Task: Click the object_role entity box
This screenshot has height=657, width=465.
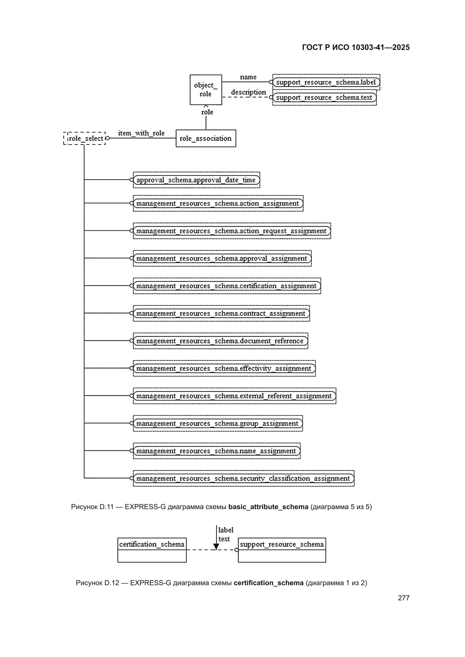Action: point(206,90)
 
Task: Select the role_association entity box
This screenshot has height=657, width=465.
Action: point(206,138)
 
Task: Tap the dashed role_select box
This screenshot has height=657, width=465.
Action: point(84,138)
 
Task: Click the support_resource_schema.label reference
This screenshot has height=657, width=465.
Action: point(326,82)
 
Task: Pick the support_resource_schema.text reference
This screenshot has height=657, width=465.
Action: point(324,97)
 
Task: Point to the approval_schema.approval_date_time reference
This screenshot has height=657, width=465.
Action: point(197,180)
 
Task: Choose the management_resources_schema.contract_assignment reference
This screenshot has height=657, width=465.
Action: point(221,313)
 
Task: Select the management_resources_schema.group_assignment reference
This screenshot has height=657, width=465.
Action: point(218,423)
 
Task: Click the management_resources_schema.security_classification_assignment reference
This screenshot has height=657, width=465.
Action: point(244,478)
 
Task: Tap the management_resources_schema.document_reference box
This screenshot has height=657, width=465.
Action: point(221,341)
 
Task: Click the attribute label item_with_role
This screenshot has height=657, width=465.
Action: point(141,133)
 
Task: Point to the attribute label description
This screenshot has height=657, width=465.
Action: point(248,92)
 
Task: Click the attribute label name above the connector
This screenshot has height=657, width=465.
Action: point(248,77)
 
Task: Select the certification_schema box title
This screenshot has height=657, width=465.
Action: point(152,544)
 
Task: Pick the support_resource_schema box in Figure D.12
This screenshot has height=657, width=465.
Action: point(282,550)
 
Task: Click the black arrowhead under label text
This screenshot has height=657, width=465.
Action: point(216,546)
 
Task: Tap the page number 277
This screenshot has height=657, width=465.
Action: point(404,598)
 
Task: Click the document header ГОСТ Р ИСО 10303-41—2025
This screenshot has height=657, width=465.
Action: point(356,47)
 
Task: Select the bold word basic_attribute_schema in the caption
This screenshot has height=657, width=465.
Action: point(268,507)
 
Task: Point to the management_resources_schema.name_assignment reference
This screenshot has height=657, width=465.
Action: point(217,451)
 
